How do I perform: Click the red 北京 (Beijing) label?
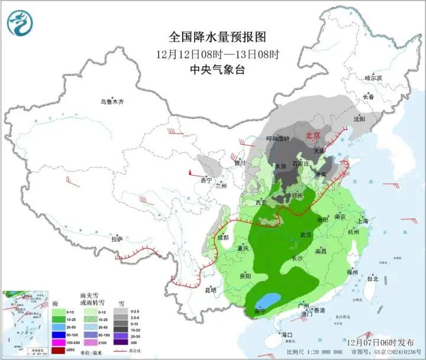click(312, 136)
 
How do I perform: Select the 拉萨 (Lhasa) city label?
click(117, 239)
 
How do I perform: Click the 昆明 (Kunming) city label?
click(211, 290)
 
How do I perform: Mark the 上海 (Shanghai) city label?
click(363, 221)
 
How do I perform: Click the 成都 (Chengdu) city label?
click(222, 238)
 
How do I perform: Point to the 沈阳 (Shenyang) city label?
click(359, 119)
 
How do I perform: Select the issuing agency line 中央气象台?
click(217, 70)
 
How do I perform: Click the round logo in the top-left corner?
click(20, 22)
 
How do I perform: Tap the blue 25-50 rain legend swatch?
click(59, 326)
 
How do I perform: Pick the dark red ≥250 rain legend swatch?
click(59, 351)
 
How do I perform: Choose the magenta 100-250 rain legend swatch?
click(59, 342)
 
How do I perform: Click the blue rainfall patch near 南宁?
click(269, 301)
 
